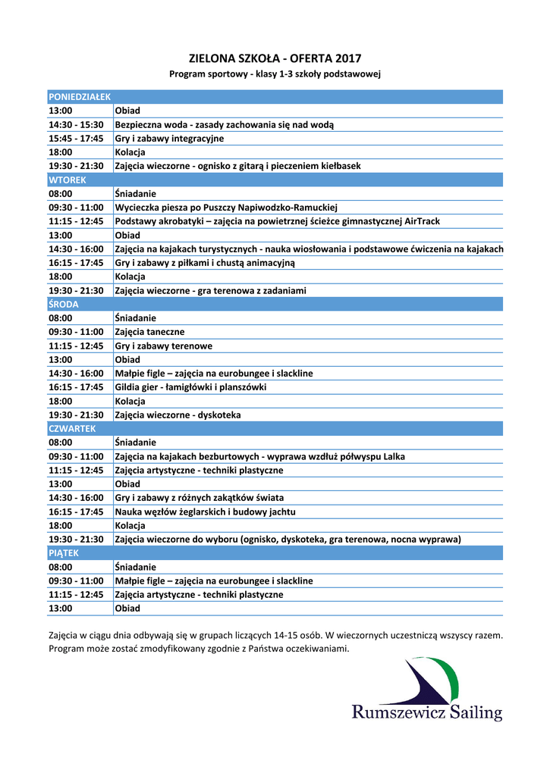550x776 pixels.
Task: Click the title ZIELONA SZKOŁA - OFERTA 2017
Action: pos(275,58)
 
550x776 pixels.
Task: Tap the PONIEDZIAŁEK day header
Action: pos(80,97)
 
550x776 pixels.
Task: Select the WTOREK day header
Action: pos(68,180)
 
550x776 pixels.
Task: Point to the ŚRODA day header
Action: pos(64,304)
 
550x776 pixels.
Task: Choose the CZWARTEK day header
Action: pos(72,428)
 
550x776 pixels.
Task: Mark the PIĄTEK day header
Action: pos(64,553)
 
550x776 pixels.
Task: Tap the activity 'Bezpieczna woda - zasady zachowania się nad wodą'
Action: pos(224,125)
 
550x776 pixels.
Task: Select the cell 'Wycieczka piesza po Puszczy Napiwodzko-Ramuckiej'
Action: pos(226,208)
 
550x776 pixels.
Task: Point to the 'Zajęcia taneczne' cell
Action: pos(149,332)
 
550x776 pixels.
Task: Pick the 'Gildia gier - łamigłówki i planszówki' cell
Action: pos(190,387)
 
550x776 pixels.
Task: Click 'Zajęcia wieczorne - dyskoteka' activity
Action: pos(178,415)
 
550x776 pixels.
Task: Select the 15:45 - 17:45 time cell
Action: pos(76,139)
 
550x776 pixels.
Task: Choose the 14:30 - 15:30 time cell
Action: pos(76,125)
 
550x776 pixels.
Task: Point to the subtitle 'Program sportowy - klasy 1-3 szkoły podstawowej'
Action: pos(275,74)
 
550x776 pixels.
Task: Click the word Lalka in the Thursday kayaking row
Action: pos(394,456)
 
